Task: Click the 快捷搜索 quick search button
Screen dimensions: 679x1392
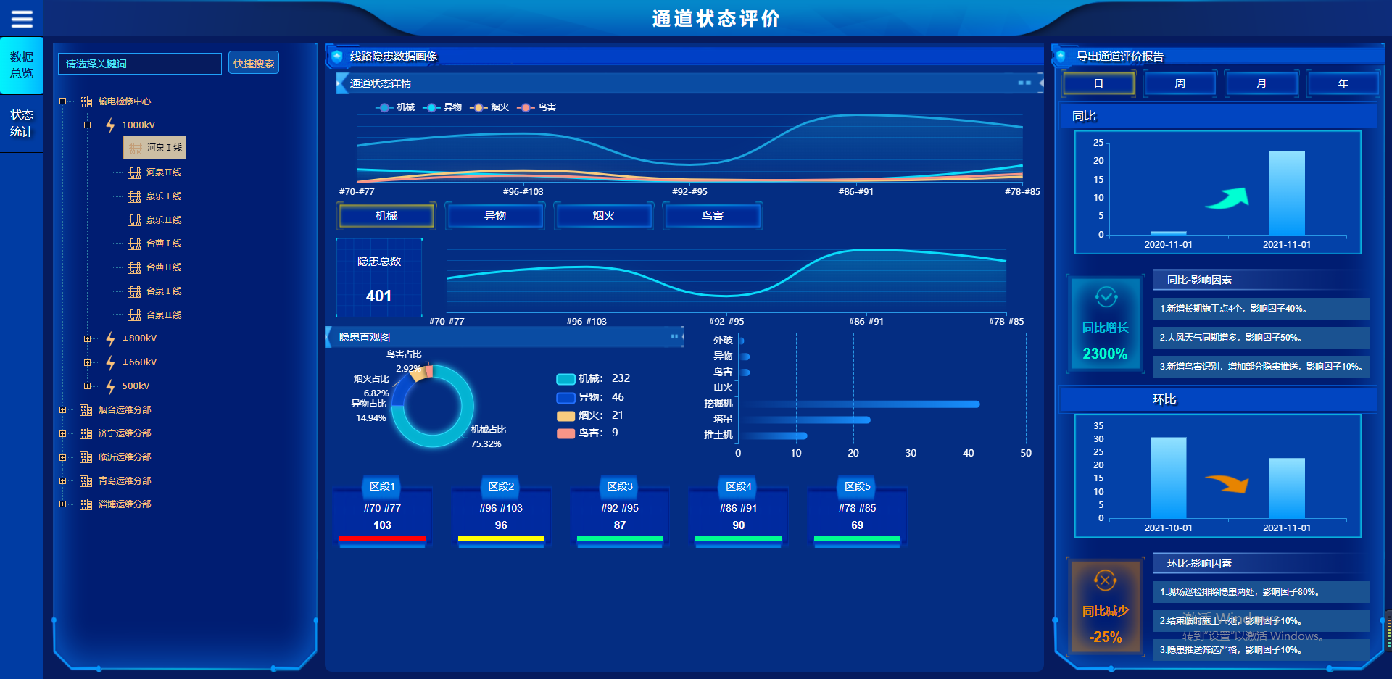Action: point(254,64)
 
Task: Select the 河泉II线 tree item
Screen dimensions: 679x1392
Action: point(163,172)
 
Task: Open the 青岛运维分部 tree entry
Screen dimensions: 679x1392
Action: point(124,480)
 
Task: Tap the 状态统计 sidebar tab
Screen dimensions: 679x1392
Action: point(22,123)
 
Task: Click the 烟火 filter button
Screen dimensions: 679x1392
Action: point(603,216)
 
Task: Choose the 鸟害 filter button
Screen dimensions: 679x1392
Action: point(712,216)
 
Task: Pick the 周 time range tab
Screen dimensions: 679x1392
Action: point(1180,83)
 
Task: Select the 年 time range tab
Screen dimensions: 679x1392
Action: point(1343,83)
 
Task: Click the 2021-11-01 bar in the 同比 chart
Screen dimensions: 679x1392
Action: point(1287,193)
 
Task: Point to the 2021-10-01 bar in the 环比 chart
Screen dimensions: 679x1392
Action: point(1168,477)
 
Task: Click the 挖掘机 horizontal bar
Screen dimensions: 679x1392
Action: point(859,404)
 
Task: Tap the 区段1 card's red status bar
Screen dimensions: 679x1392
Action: point(382,538)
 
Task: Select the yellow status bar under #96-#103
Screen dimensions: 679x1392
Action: point(501,538)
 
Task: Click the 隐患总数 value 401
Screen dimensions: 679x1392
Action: point(378,296)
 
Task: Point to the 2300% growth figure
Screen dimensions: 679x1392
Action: point(1105,354)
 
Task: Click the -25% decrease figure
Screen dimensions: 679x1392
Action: point(1105,637)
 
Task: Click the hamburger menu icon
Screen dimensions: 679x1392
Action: point(22,19)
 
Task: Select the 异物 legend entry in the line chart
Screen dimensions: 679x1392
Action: point(444,107)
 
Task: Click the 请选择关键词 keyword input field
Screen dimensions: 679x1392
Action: point(140,64)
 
